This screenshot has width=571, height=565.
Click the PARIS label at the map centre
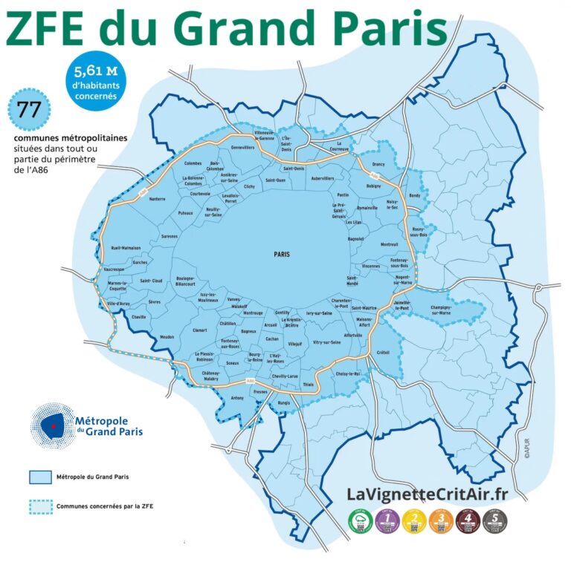[282, 254]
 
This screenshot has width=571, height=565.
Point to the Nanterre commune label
[157, 199]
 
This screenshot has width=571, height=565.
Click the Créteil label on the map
[383, 352]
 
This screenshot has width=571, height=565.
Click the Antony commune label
[237, 398]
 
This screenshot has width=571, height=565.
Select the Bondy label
[414, 195]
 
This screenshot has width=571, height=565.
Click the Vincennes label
[370, 265]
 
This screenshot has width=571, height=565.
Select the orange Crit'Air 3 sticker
[442, 521]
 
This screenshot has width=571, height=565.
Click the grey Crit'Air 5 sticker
[494, 521]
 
